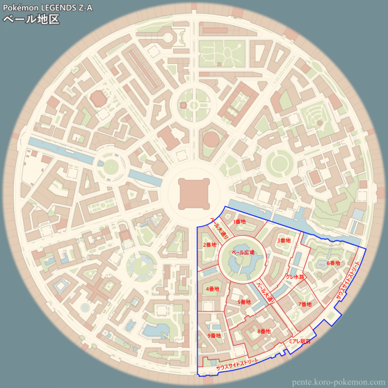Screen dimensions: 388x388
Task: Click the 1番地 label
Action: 239,222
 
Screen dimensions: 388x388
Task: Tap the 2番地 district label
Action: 209,245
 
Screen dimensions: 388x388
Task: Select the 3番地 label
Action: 284,241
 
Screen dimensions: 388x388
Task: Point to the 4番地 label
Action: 212,289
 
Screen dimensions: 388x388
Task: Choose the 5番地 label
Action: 243,302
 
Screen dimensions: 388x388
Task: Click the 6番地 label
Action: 333,263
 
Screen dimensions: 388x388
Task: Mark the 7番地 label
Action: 305,304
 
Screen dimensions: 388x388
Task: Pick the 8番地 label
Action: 264,331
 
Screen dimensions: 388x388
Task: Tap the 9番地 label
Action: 213,336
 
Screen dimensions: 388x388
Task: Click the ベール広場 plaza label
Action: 243,252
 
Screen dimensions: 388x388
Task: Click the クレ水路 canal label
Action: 295,277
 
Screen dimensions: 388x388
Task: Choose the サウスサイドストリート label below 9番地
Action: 237,362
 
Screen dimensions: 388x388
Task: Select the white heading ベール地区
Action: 31,19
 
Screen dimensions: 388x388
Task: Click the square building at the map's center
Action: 193,193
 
